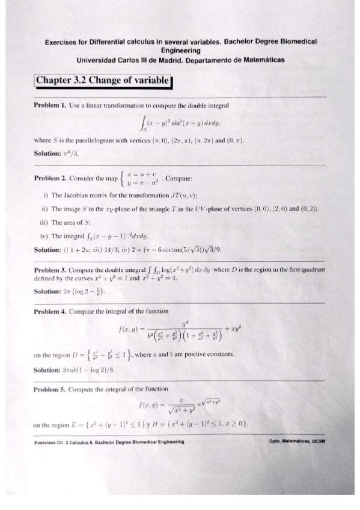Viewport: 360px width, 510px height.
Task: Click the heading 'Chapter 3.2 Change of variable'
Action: click(x=103, y=81)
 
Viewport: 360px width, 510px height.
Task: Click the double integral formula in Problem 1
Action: click(x=180, y=124)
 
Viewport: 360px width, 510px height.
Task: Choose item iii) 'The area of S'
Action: click(x=71, y=222)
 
